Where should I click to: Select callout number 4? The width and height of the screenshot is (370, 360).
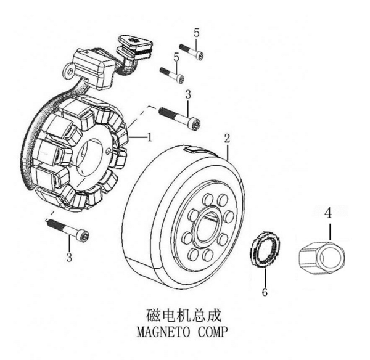pyautogui.click(x=329, y=215)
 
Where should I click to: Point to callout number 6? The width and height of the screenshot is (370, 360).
pyautogui.click(x=265, y=292)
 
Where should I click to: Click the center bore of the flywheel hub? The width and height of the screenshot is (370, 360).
pyautogui.click(x=205, y=229)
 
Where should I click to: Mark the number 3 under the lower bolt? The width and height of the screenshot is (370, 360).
pyautogui.click(x=69, y=255)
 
